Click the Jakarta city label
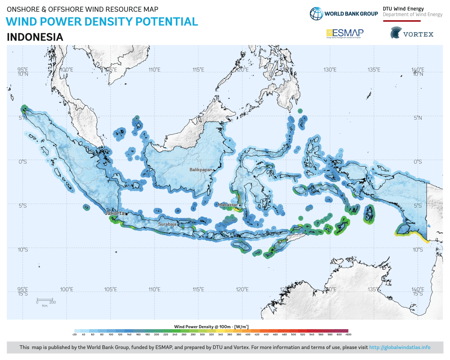[x=115, y=213]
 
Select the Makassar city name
[x=228, y=205]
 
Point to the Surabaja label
[x=167, y=224]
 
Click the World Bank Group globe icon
[x=316, y=14]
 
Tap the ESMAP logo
[x=345, y=33]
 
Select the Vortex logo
[x=412, y=33]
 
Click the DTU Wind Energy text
[x=403, y=9]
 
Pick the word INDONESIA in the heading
[x=35, y=37]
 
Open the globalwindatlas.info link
[x=399, y=347]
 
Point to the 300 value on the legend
[x=202, y=335]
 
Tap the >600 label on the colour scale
[x=348, y=335]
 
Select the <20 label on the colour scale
[x=74, y=335]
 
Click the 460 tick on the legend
[x=275, y=335]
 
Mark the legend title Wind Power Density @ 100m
[x=211, y=326]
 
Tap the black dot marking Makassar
[x=239, y=205]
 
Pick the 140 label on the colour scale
[x=129, y=335]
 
